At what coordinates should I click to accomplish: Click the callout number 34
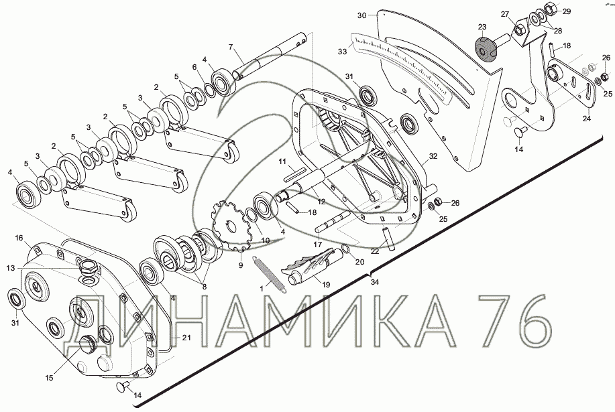coord(375,282)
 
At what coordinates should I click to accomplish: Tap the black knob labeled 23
coord(485,48)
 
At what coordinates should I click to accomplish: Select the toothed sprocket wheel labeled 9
coord(232,226)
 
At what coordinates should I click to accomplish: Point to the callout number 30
coord(362,15)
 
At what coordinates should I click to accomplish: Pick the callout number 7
coord(231,47)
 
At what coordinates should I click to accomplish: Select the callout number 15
coord(49,378)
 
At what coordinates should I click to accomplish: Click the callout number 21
coord(186,337)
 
